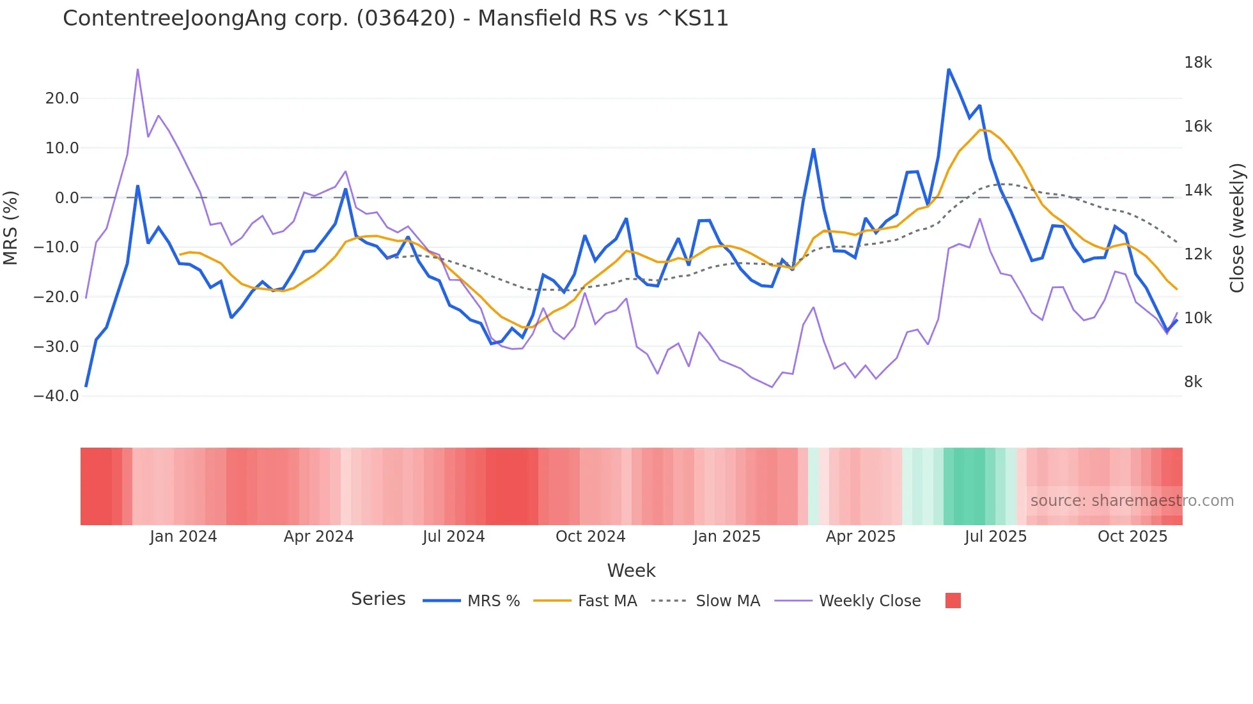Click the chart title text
click(x=395, y=19)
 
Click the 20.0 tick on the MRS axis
click(x=62, y=98)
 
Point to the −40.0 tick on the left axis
click(x=56, y=396)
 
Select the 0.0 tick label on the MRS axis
click(x=66, y=198)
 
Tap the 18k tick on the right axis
click(x=1197, y=63)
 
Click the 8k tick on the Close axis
click(x=1193, y=382)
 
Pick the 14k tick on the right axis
click(x=1197, y=190)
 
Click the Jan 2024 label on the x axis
click(x=183, y=537)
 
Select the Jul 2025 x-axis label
click(x=995, y=537)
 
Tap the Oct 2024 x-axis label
click(x=590, y=537)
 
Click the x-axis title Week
click(x=631, y=570)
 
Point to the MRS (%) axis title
click(x=11, y=227)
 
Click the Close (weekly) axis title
click(x=1238, y=227)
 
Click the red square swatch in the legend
click(x=953, y=601)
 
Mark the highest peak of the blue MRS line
click(x=949, y=69)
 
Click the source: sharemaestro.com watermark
click(x=1132, y=501)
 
